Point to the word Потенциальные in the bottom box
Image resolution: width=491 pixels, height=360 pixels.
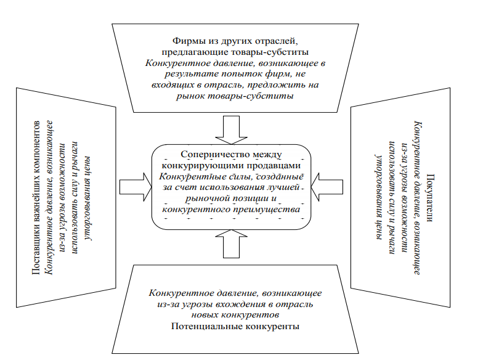tap(203, 326)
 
